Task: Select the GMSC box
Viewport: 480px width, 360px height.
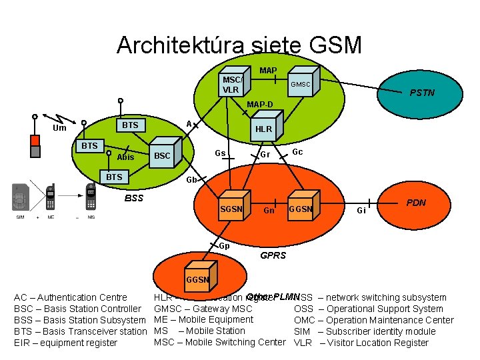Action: tap(300, 84)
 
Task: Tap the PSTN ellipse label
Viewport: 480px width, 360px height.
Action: tap(422, 93)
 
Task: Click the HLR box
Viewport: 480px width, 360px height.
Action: tap(264, 129)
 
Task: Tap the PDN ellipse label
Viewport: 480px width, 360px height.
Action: tap(417, 203)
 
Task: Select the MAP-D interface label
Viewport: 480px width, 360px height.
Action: tap(260, 105)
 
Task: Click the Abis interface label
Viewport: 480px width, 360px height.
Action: tap(125, 157)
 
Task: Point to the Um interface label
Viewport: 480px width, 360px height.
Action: tap(59, 128)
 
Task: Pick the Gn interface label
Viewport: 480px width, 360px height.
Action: tap(269, 211)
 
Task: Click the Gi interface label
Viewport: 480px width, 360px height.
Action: tap(361, 211)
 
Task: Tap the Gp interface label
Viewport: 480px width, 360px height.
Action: tap(225, 245)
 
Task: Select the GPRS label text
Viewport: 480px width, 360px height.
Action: tap(273, 255)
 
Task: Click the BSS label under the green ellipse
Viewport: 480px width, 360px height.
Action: tap(134, 198)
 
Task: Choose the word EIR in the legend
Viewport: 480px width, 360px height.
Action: tap(23, 343)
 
